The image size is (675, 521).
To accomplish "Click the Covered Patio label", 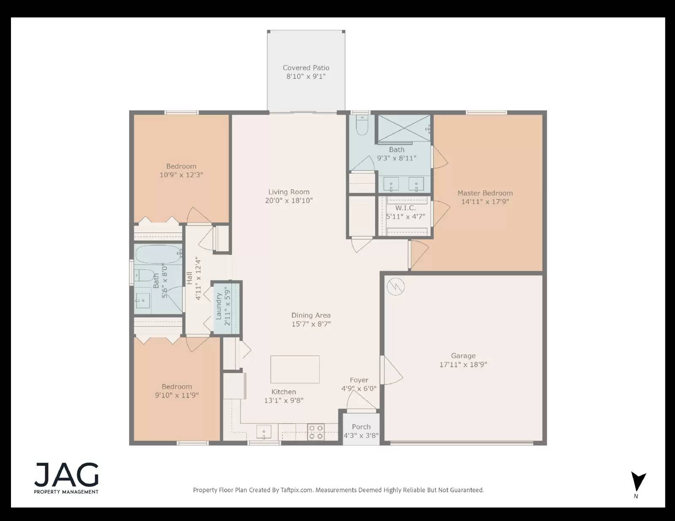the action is [306, 67].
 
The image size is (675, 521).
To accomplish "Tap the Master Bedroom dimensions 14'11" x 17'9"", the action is [485, 201].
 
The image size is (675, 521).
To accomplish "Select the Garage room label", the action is [463, 356].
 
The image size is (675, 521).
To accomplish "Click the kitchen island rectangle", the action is [295, 369].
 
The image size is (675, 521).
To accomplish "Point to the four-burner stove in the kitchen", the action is [316, 432].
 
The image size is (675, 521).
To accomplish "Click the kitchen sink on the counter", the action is [264, 432].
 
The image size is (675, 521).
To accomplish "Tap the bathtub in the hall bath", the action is [159, 254].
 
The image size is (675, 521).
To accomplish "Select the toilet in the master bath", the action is [362, 125].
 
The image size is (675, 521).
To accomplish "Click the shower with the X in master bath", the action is [404, 129].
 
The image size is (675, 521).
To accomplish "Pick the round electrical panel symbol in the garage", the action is [396, 286].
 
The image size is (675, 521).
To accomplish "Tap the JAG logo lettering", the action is [67, 475].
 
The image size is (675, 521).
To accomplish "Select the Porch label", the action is [361, 427].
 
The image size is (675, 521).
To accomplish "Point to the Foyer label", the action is [359, 380].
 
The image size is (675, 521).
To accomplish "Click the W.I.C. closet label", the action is [405, 208].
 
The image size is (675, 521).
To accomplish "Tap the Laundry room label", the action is [219, 306].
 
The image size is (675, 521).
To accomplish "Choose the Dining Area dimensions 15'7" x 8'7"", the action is [311, 324].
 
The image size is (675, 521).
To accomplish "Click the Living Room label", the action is [289, 192].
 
